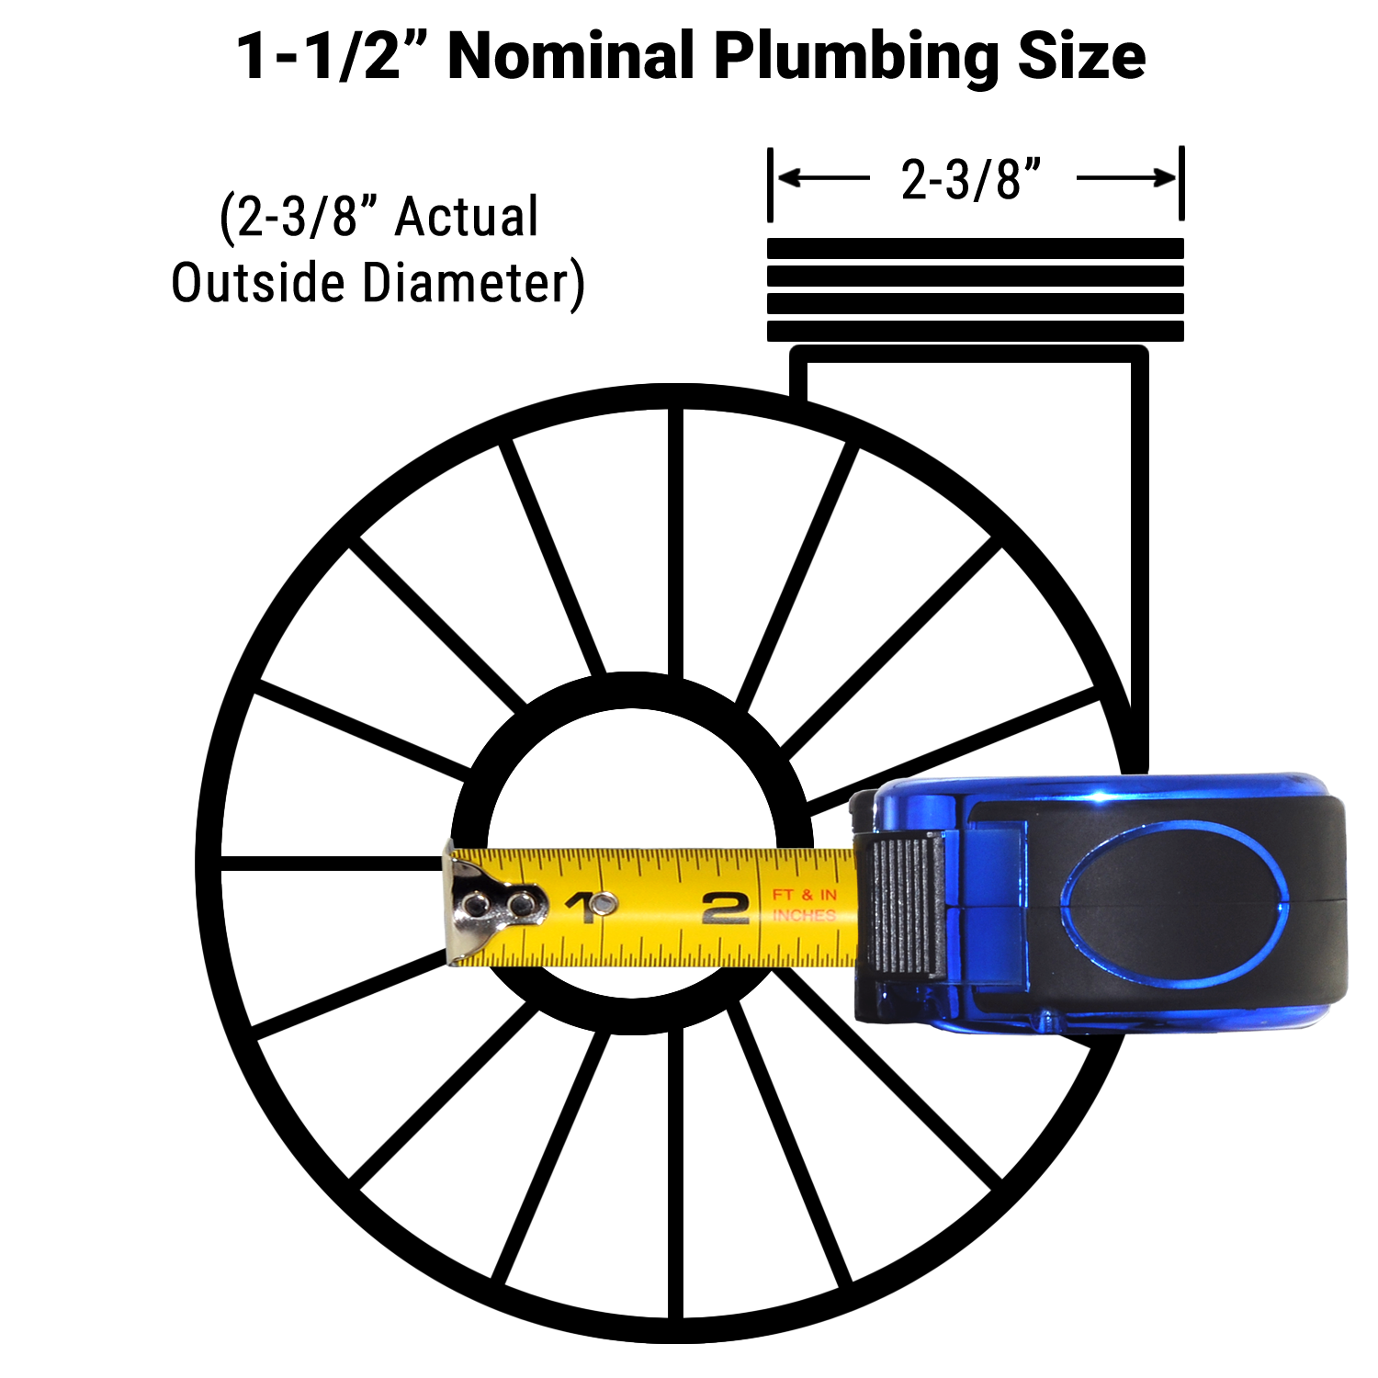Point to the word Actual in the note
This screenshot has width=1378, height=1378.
(466, 218)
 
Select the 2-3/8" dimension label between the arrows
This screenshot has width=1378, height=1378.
(971, 180)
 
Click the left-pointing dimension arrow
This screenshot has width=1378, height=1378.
(823, 177)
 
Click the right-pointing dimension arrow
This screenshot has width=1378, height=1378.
(1126, 177)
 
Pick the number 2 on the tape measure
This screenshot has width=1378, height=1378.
(725, 909)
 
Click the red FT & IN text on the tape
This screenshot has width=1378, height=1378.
(804, 894)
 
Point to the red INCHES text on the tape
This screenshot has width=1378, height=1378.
(804, 916)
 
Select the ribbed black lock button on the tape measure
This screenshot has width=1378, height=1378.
(908, 905)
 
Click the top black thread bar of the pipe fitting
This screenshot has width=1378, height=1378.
(975, 248)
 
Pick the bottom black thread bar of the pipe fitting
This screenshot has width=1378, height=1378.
(975, 332)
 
